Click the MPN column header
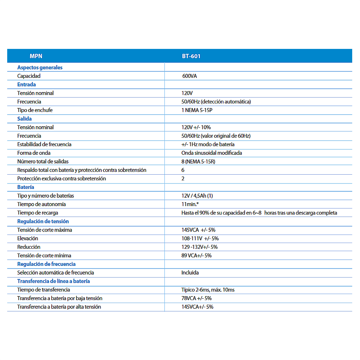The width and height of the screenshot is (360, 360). (x=36, y=56)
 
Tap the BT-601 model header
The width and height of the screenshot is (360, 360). (x=191, y=56)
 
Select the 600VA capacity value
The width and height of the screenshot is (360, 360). (x=190, y=76)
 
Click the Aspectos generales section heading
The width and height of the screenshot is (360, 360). (x=40, y=67)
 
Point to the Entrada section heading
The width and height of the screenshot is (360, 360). (x=26, y=85)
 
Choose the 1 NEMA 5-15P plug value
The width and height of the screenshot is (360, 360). (x=197, y=110)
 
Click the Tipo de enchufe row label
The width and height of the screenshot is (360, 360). (x=35, y=110)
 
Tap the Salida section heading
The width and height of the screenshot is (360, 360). (x=24, y=119)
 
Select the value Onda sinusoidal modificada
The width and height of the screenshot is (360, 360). (x=211, y=153)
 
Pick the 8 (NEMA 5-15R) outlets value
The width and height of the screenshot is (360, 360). (x=198, y=161)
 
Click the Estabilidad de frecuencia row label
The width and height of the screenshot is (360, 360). (x=44, y=144)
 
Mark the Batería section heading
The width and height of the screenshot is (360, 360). (x=25, y=187)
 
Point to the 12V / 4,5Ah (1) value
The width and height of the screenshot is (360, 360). (x=197, y=196)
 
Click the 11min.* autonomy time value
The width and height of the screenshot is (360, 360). (x=190, y=204)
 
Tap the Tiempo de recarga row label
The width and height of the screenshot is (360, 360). (x=38, y=213)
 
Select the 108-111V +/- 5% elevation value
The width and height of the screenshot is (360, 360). (x=200, y=238)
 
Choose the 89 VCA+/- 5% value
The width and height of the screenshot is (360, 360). (x=196, y=256)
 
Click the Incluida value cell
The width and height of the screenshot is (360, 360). (x=190, y=273)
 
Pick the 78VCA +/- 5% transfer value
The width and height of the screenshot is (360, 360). (x=196, y=298)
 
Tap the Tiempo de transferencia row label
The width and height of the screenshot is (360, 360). (x=43, y=290)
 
